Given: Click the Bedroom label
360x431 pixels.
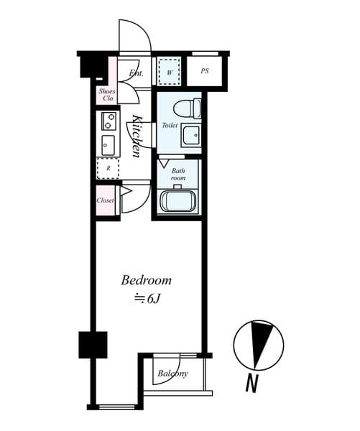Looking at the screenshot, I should click(x=146, y=279).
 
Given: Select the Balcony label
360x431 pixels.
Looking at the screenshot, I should click(x=172, y=374).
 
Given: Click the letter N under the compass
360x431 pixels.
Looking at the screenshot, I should click(x=251, y=384).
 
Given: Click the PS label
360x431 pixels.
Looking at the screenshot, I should click(x=205, y=71).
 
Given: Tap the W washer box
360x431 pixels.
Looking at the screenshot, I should click(x=170, y=72).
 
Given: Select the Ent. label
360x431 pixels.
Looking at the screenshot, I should click(x=136, y=73).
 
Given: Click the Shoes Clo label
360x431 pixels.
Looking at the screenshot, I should click(x=107, y=95).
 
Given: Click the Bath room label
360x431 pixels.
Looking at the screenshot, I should click(x=178, y=174).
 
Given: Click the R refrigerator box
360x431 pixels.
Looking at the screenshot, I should click(x=108, y=168).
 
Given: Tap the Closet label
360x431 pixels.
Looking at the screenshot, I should click(x=106, y=200).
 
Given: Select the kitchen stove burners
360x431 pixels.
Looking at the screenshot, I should click(x=109, y=120).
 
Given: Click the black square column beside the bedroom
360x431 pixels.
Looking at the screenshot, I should click(x=93, y=344).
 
